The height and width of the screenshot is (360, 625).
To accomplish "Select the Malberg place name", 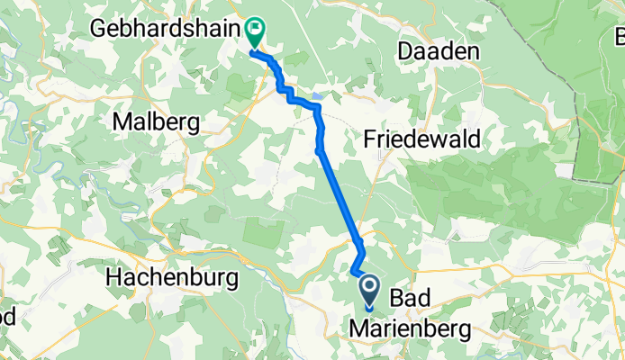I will tap(157, 121).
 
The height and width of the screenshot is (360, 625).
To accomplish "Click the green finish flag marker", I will tap(254, 31).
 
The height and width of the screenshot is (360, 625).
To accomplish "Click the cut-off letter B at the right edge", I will tap(619, 38).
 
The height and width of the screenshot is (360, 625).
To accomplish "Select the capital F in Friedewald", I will tap(371, 139).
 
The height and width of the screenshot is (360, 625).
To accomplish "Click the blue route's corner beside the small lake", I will tap(317, 107).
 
